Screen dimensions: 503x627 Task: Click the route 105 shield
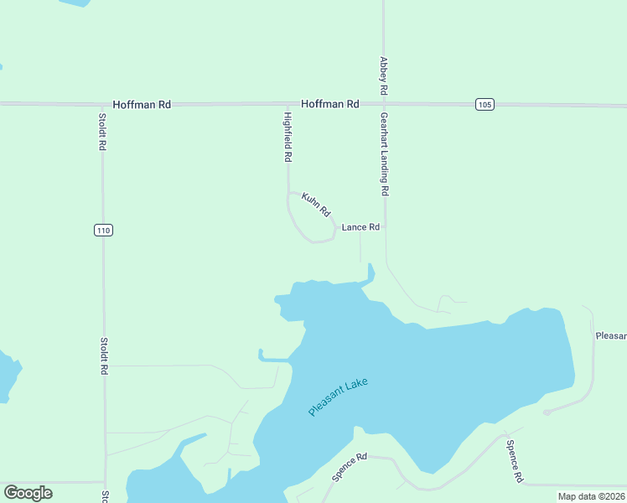(484, 104)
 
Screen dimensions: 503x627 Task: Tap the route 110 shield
(103, 231)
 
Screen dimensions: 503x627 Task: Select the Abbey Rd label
(384, 75)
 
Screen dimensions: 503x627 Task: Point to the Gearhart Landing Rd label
(385, 154)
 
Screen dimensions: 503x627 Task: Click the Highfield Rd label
(288, 137)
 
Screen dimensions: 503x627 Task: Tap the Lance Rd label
(360, 227)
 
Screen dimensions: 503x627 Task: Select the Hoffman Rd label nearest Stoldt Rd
(142, 104)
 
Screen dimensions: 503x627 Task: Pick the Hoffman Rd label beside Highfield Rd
(330, 104)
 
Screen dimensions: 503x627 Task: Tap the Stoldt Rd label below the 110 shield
(104, 355)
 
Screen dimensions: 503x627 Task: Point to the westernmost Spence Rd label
(350, 467)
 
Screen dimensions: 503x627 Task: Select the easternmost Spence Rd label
(514, 460)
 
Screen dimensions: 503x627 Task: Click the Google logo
(28, 493)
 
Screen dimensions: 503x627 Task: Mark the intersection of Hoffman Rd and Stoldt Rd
(103, 104)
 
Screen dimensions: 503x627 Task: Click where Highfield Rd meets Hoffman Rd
(288, 104)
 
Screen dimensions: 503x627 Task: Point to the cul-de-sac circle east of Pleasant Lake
(547, 412)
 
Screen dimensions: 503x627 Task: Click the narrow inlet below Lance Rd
(370, 272)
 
